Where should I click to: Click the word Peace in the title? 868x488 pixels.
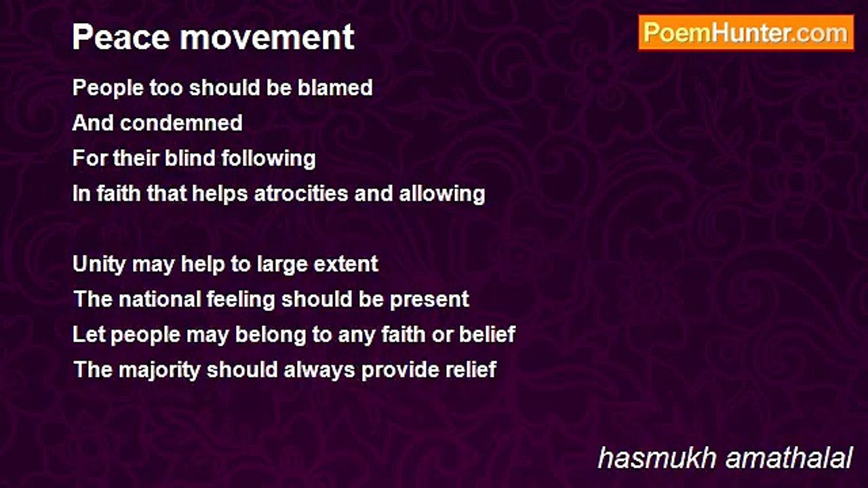(121, 37)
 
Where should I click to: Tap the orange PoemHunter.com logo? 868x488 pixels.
(746, 33)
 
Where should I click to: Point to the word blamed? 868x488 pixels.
(335, 87)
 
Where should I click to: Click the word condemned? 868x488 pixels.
(181, 123)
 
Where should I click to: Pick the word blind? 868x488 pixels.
(190, 158)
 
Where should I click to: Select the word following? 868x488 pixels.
(268, 159)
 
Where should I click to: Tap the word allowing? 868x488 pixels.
(441, 194)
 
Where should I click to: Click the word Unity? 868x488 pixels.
(99, 264)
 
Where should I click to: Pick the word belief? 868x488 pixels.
(487, 335)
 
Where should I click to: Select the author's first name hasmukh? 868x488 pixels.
(657, 458)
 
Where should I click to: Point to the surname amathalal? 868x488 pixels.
(789, 458)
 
